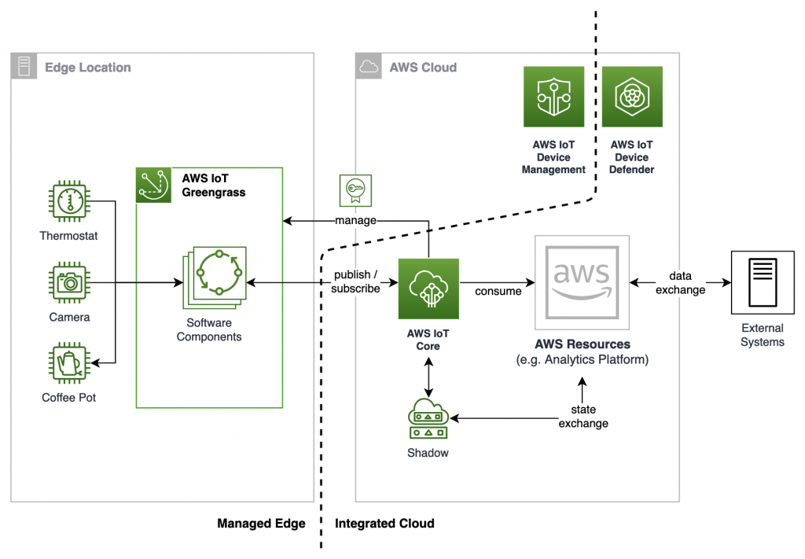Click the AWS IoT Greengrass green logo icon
153,185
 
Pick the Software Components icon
215,279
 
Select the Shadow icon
428,418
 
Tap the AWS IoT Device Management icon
553,97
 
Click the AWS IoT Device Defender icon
632,97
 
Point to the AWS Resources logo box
582,281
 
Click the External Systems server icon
762,280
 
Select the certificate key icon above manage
355,189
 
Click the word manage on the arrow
355,221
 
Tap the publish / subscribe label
355,281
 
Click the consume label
498,291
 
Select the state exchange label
583,417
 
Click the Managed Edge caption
261,523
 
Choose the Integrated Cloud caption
384,523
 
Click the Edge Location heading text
87,68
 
